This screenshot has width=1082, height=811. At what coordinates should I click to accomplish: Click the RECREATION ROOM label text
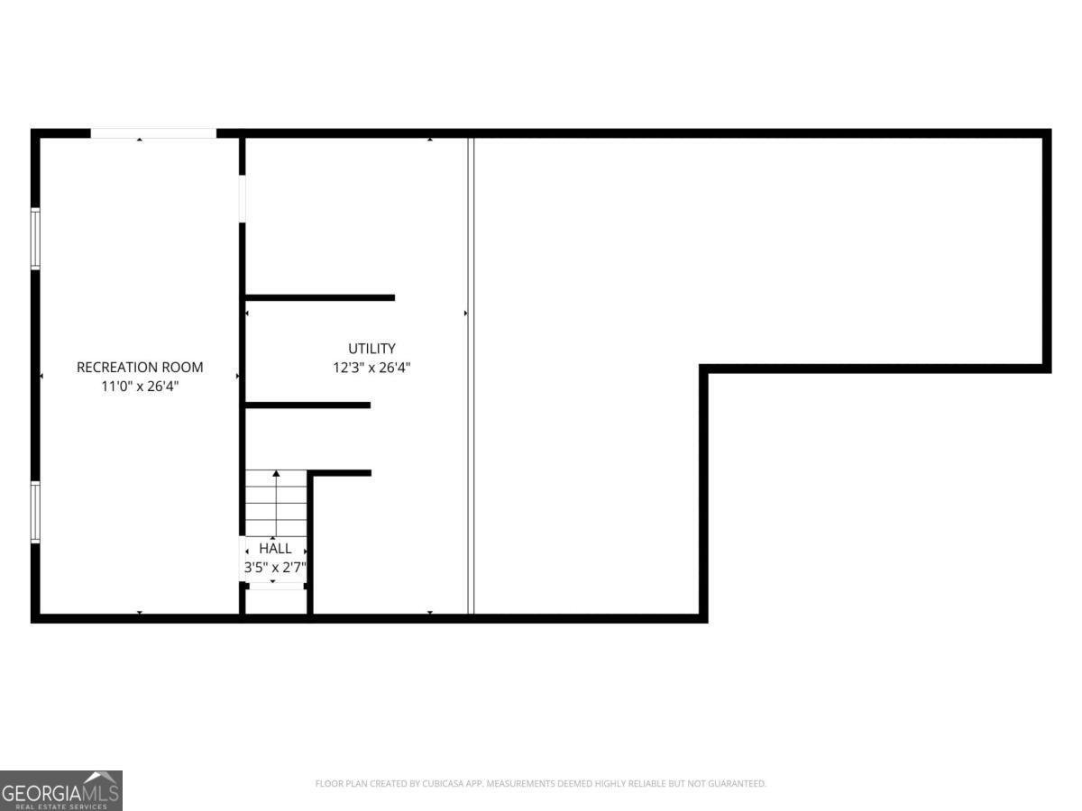tap(140, 368)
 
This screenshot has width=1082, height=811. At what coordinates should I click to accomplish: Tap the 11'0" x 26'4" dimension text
tap(140, 386)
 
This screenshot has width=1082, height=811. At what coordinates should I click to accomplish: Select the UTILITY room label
tap(371, 349)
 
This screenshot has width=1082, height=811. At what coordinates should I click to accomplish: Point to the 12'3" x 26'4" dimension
tap(371, 368)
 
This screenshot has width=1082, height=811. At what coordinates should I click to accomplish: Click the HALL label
tap(275, 548)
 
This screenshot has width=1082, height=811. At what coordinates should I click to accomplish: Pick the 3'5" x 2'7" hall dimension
tap(275, 568)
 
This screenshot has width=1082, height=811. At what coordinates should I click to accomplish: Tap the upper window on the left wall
tap(36, 239)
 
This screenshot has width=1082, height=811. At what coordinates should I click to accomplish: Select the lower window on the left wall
tap(36, 512)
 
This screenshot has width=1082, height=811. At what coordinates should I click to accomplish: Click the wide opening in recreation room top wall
tap(153, 133)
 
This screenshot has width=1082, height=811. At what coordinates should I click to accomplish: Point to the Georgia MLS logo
tap(60, 790)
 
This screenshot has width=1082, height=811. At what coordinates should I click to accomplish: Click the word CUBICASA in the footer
tap(445, 784)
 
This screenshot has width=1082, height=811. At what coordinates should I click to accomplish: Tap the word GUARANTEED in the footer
tap(734, 784)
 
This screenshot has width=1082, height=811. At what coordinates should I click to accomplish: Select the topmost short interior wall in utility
tap(320, 297)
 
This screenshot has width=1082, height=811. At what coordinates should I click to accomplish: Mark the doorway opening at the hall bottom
tap(275, 586)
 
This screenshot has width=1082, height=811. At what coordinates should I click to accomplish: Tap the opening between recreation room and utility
tap(242, 198)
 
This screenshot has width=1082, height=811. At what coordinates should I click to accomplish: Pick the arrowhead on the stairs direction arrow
tap(276, 473)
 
